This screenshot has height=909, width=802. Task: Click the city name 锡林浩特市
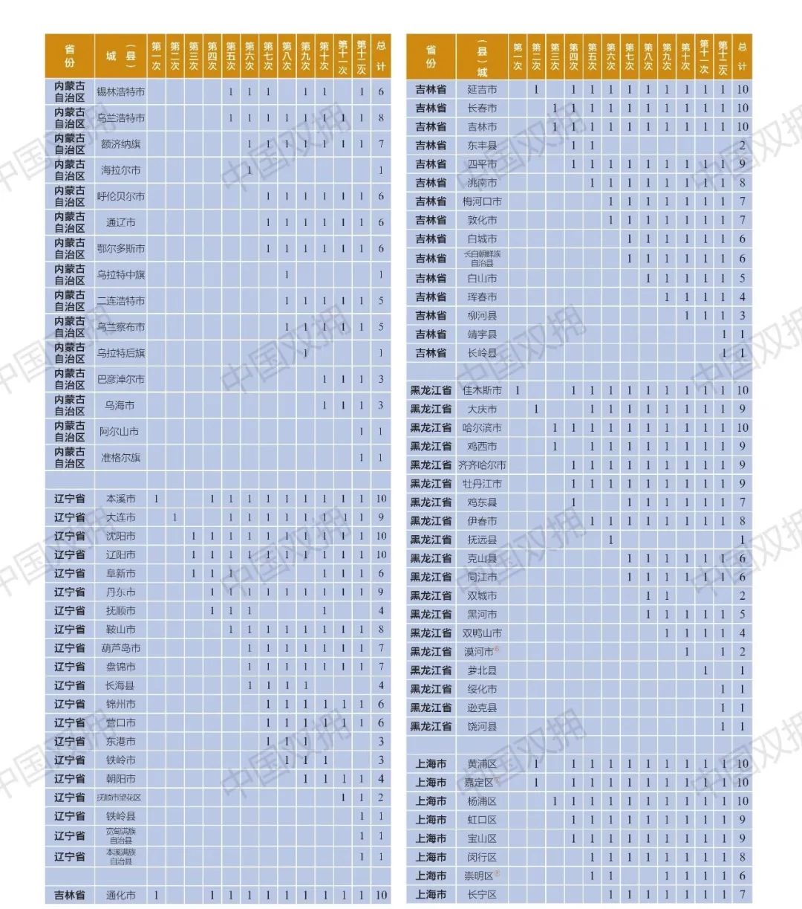pos(120,92)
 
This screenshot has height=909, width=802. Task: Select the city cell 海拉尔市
pos(120,170)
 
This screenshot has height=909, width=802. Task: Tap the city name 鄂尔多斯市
pos(120,248)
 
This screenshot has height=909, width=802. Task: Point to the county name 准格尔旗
pos(120,457)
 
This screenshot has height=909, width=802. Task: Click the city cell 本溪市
pos(120,499)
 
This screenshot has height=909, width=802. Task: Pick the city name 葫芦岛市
pos(120,648)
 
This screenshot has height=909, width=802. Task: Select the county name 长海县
pos(120,685)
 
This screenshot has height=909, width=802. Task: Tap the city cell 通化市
pos(120,896)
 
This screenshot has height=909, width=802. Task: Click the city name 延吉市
pos(482,89)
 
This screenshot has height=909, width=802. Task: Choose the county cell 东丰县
pos(482,146)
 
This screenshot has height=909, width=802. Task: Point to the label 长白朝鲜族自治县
pos(482,258)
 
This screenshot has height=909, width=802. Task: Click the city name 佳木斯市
pos(482,390)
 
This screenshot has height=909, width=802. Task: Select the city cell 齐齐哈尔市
pos(482,465)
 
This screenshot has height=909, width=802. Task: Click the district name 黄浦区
pos(482,764)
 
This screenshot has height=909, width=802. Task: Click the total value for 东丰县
pos(742,146)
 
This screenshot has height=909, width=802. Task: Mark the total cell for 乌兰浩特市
pos(381,118)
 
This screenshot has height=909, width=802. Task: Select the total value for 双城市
pos(742,596)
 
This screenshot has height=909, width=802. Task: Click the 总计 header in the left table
pos(381,56)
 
